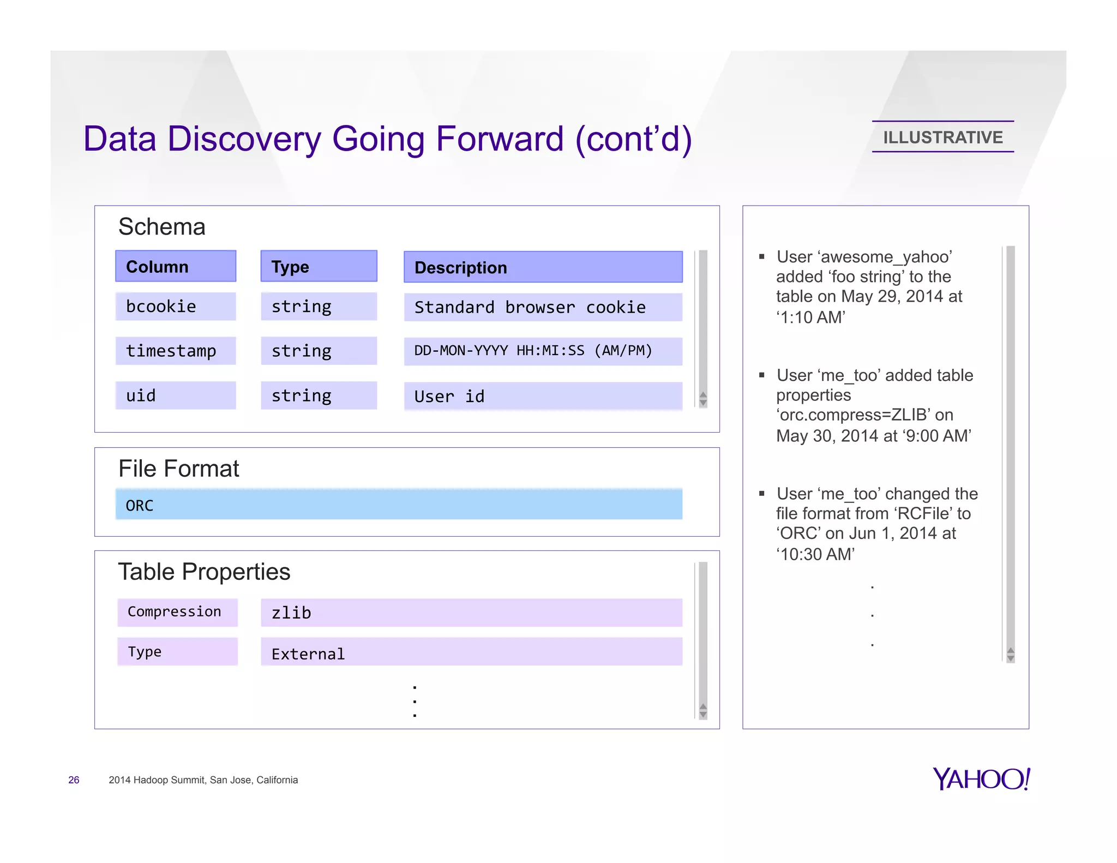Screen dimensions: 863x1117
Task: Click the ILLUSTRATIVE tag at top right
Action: tap(942, 137)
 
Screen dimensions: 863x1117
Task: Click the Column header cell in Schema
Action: tap(175, 266)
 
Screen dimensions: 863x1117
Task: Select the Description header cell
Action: tap(543, 267)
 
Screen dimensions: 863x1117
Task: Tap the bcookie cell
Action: tap(175, 307)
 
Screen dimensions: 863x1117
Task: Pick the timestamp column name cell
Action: tap(175, 351)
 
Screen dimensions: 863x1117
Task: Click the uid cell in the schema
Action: tap(175, 395)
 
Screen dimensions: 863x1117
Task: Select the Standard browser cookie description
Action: tap(543, 307)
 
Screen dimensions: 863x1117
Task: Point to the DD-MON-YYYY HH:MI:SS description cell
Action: tap(543, 351)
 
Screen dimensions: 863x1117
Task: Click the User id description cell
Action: tap(543, 396)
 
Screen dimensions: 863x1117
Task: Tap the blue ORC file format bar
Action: tap(399, 505)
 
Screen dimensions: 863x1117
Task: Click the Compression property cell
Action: tap(177, 612)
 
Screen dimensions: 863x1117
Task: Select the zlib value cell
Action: tap(471, 613)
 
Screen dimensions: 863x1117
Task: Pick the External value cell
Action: tap(471, 652)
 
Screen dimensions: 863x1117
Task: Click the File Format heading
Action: tap(178, 469)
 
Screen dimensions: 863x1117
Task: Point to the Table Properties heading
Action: tap(204, 572)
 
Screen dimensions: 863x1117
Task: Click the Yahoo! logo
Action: tap(981, 779)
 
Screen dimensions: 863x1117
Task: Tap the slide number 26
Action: tap(74, 780)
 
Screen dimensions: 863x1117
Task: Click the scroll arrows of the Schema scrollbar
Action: tap(703, 399)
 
